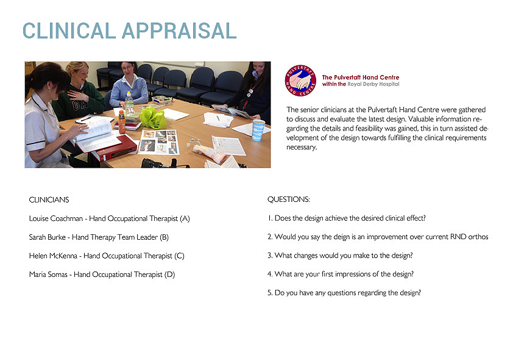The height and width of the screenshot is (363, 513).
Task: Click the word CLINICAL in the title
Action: (69, 31)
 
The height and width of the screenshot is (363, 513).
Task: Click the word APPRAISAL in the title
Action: (179, 31)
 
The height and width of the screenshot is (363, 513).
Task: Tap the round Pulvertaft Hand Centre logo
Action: (300, 81)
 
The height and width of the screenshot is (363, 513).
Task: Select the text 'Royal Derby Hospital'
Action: (373, 84)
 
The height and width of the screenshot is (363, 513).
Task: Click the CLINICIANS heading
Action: (49, 200)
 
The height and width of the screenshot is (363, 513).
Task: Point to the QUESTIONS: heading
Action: (289, 199)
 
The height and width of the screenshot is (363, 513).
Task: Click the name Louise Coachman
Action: (56, 218)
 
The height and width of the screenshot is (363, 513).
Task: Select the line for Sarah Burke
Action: (99, 237)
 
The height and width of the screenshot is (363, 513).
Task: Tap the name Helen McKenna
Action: (53, 256)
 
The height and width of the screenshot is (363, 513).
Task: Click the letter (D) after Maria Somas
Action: (169, 275)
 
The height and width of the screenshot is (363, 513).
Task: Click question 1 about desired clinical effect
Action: (347, 218)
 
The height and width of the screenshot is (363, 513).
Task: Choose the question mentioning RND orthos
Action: (378, 237)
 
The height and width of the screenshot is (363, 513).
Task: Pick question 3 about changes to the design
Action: (340, 256)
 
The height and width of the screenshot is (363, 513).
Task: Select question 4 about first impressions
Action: (341, 274)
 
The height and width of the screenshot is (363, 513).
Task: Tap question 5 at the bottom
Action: (344, 293)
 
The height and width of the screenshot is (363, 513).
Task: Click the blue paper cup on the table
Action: (258, 130)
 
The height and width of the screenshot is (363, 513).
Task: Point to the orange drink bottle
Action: (122, 122)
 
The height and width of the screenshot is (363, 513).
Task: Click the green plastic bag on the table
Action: (153, 118)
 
